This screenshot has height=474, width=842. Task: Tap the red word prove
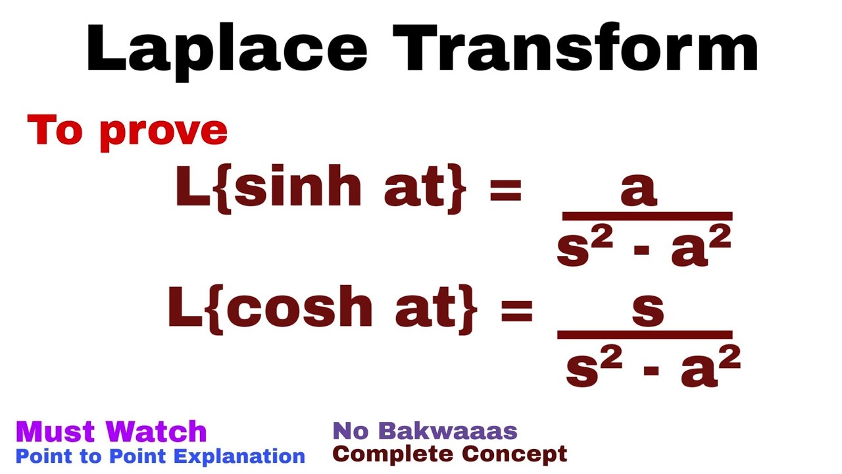[164, 132]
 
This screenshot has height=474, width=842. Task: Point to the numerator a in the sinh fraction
[638, 190]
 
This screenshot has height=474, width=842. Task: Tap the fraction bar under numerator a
[647, 216]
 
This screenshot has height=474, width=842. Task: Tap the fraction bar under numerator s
[645, 334]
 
